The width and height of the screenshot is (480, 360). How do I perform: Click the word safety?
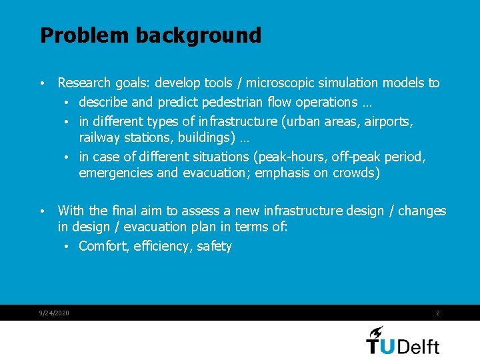coord(214,247)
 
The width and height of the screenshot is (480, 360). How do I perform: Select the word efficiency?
coord(163,247)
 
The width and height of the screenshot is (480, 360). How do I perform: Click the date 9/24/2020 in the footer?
coord(54,313)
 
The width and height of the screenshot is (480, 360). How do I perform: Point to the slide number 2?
coord(437,313)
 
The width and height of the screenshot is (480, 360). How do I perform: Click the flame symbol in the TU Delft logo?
coord(377,332)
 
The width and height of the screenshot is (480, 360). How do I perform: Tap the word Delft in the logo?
coord(418,346)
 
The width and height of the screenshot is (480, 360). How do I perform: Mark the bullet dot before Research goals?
coord(42,84)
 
